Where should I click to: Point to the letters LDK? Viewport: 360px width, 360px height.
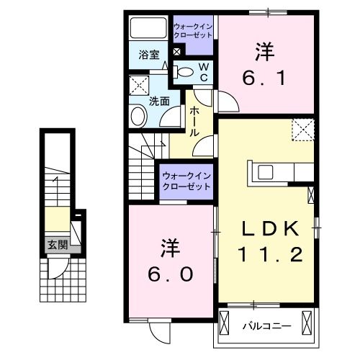coord(269,229)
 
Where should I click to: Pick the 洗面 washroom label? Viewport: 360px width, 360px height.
coord(159,101)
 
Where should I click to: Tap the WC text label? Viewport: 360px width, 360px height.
coord(204,71)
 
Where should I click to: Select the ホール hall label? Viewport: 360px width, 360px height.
coord(195,122)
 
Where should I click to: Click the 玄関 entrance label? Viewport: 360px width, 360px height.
coord(58,245)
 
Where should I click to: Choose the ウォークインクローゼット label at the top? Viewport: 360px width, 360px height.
coord(193,32)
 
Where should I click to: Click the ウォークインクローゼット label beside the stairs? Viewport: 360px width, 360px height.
coord(185,180)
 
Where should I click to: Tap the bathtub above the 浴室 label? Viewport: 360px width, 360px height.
coord(148,29)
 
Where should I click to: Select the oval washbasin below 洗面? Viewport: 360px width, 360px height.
coord(138,116)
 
